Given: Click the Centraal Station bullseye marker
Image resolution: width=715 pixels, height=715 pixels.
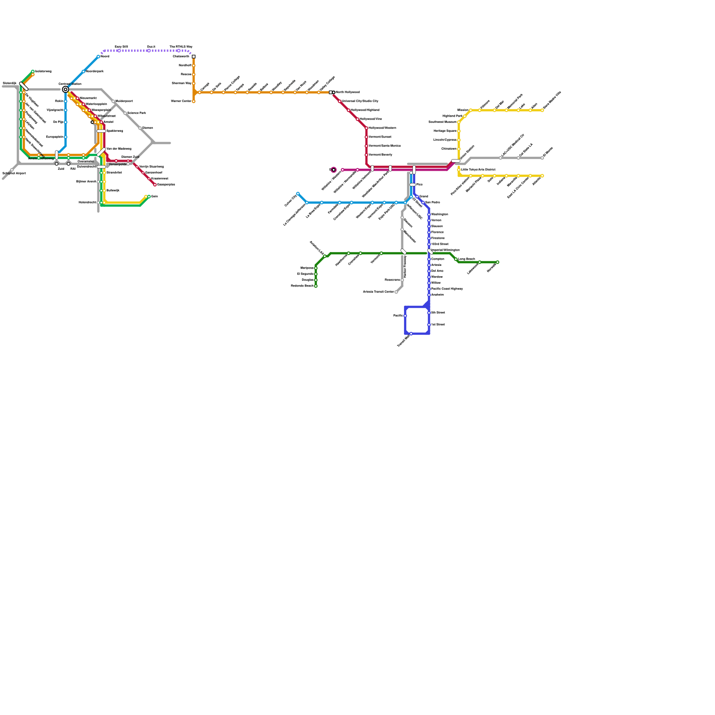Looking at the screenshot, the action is pos(65,90).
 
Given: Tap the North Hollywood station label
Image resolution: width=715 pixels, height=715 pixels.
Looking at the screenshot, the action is pos(348,93).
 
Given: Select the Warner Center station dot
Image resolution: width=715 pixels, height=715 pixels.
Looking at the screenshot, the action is pos(193,101).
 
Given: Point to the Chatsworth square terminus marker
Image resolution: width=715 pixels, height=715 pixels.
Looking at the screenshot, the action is pos(193,57).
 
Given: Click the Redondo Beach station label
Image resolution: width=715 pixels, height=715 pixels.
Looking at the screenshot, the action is pos(302,286).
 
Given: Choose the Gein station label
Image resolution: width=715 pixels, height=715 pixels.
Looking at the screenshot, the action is pos(155,197).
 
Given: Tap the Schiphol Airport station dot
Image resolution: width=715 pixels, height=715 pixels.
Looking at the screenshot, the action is pos(12,170).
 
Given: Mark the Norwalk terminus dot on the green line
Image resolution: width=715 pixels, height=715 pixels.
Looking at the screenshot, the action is pos(497,262).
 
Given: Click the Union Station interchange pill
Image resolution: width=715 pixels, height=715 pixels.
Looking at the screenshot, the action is pos(455,161).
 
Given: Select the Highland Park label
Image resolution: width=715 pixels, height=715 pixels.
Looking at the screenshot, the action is pos(452,116).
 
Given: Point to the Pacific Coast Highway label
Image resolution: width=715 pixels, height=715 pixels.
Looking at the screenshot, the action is pos(447,289).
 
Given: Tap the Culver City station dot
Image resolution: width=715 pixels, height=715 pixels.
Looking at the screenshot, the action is pos(298,193).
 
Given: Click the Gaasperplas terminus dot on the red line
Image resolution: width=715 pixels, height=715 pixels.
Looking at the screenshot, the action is pos(155,185).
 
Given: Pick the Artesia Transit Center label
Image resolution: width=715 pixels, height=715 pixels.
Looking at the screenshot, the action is pos(378,292).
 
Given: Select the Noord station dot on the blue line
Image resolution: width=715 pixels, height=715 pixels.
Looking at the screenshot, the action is pos(98,57).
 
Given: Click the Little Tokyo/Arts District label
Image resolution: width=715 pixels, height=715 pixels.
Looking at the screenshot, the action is pos(478,170).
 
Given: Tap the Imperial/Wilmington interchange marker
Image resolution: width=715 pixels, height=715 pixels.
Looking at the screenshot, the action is pos(430,252).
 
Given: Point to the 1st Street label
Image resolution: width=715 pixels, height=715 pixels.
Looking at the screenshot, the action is pos(438,325).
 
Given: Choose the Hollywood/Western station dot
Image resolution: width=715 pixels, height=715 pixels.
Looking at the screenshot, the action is pos(366,128).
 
